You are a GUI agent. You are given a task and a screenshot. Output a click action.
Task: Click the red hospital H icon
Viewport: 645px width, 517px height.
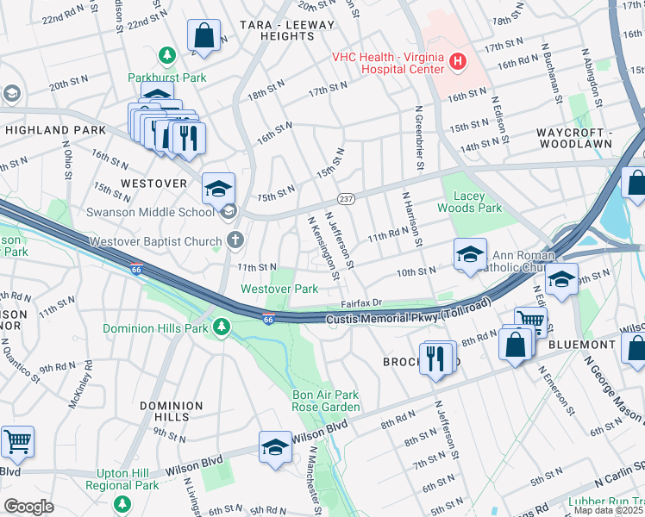point(457,62)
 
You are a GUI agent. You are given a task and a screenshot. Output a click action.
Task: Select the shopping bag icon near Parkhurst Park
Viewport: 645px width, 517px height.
point(204,36)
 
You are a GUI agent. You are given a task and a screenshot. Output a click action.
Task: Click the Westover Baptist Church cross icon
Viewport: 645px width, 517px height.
point(233,240)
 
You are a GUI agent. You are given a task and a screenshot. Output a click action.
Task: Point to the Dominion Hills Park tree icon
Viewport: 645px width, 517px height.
point(222,327)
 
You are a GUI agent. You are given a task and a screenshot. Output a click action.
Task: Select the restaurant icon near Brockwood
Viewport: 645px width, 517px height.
point(437,357)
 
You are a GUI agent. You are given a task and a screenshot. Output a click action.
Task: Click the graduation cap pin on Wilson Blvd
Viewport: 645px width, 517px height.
point(275,447)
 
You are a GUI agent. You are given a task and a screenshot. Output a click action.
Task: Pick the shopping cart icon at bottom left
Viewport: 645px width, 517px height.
point(16,441)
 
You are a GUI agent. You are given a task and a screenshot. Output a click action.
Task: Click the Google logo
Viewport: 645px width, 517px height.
point(28,507)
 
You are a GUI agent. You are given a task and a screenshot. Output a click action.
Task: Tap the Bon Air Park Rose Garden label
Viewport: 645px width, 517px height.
point(325,401)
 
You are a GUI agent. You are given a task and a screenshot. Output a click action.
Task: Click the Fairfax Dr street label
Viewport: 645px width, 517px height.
point(360,303)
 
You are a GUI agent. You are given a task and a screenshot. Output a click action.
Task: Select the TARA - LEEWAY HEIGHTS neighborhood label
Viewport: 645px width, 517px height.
point(285,32)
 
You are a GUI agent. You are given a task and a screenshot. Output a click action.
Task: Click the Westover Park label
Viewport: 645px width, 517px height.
point(279,289)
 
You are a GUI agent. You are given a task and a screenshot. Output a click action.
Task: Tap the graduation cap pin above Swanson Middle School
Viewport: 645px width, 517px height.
point(219,187)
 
